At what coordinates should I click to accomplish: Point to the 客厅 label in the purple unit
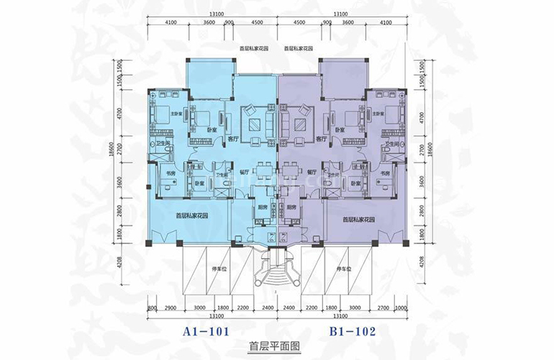pyautogui.click(x=321, y=139)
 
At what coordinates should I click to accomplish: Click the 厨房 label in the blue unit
pyautogui.click(x=263, y=207)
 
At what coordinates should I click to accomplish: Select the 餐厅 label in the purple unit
pyautogui.click(x=312, y=173)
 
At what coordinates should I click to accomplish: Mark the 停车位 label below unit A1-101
pyautogui.click(x=217, y=269)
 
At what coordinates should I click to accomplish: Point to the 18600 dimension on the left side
pyautogui.click(x=113, y=155)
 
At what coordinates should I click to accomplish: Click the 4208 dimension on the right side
pyautogui.click(x=421, y=267)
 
